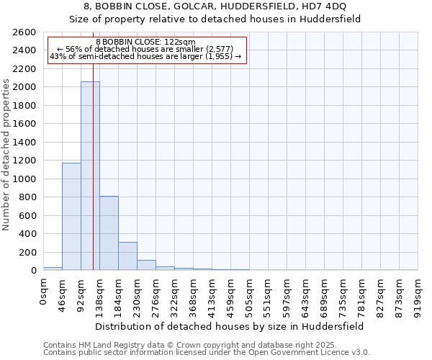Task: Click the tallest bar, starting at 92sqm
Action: (x=90, y=176)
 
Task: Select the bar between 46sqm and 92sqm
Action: (x=71, y=216)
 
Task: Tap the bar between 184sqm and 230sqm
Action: (x=127, y=256)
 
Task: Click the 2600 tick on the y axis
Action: (x=25, y=32)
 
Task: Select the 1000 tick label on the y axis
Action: (x=25, y=179)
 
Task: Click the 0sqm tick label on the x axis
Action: (x=44, y=293)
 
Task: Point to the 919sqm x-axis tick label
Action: (x=418, y=297)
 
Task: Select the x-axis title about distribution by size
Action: (x=230, y=326)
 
